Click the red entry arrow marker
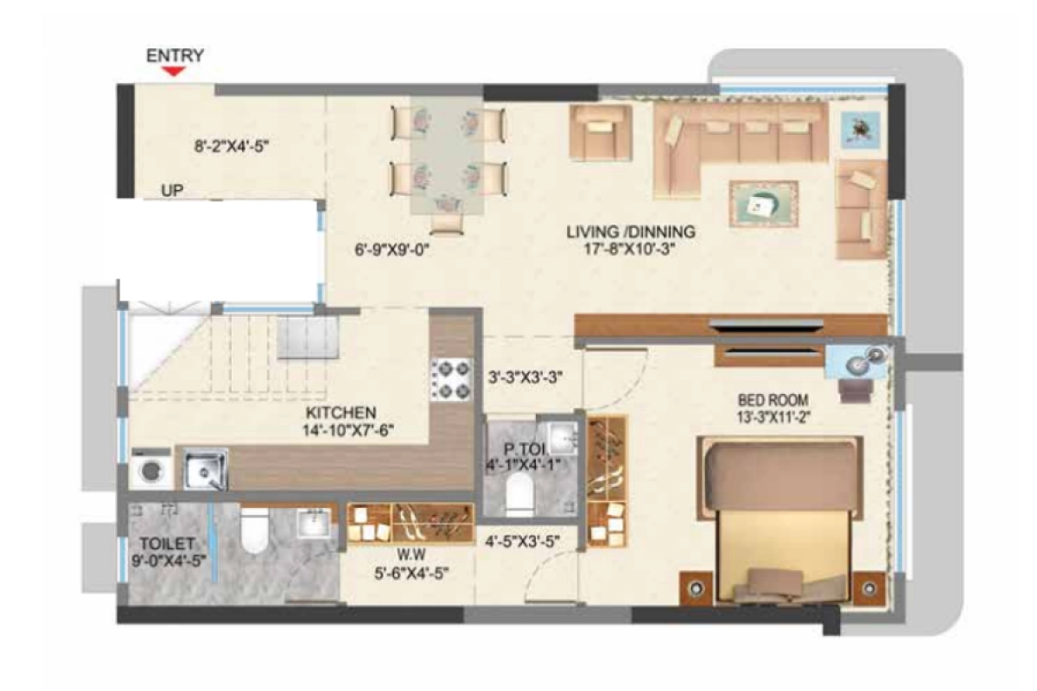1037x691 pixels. pyautogui.click(x=175, y=72)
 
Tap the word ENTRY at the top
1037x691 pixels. pyautogui.click(x=175, y=55)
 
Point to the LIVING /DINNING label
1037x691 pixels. pyautogui.click(x=631, y=231)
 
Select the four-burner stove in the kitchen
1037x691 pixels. pyautogui.click(x=452, y=379)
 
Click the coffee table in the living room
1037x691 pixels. pyautogui.click(x=762, y=203)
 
